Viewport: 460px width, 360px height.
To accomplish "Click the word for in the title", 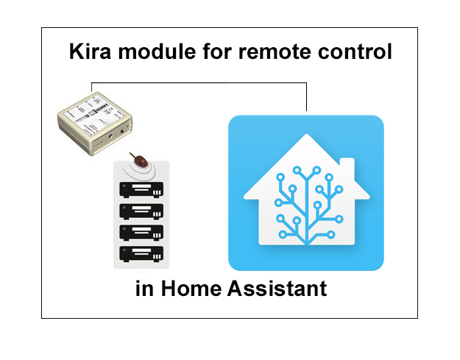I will pos(208,52).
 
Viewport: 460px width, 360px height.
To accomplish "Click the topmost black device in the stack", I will pos(141,189).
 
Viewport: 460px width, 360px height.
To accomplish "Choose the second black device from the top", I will pos(141,211).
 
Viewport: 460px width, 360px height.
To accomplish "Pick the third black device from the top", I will pos(141,233).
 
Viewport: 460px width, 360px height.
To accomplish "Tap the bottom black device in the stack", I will pos(141,255).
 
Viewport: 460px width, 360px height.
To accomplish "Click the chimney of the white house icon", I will pos(346,168).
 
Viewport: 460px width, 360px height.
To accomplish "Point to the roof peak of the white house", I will pos(306,138).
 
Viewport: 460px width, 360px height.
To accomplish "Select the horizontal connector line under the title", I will pos(199,82).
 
